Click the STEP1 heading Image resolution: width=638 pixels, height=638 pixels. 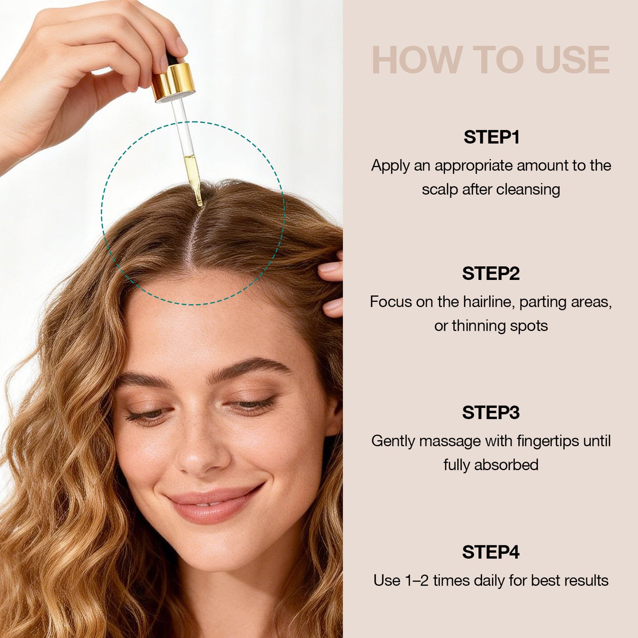click(x=491, y=137)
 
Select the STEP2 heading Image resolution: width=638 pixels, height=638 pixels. click(x=491, y=273)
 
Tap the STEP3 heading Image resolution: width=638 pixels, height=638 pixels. click(x=491, y=412)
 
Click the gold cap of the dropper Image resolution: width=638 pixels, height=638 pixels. click(x=174, y=82)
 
